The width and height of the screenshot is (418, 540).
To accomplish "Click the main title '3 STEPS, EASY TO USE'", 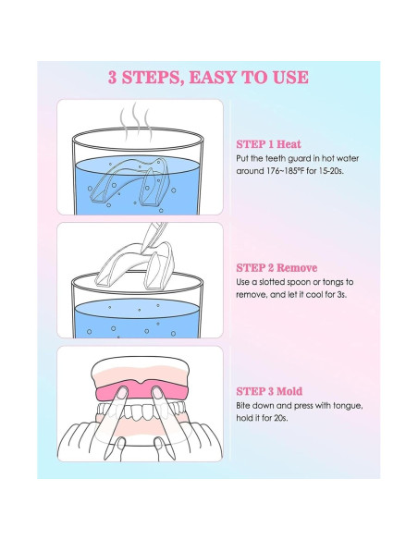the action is point(208,77).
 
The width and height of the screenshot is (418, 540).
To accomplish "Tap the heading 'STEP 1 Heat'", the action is point(268,144).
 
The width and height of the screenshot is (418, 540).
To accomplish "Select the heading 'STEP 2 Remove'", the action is point(277,267).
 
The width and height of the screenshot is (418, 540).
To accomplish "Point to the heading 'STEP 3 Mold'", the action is point(269,391).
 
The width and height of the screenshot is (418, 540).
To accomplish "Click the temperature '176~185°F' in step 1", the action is point(286,171).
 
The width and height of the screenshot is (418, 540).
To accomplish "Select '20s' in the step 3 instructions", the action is point(280,418).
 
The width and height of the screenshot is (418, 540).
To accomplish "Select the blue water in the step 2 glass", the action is point(137,319).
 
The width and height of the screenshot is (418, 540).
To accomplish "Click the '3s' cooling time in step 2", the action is point(342,295).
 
